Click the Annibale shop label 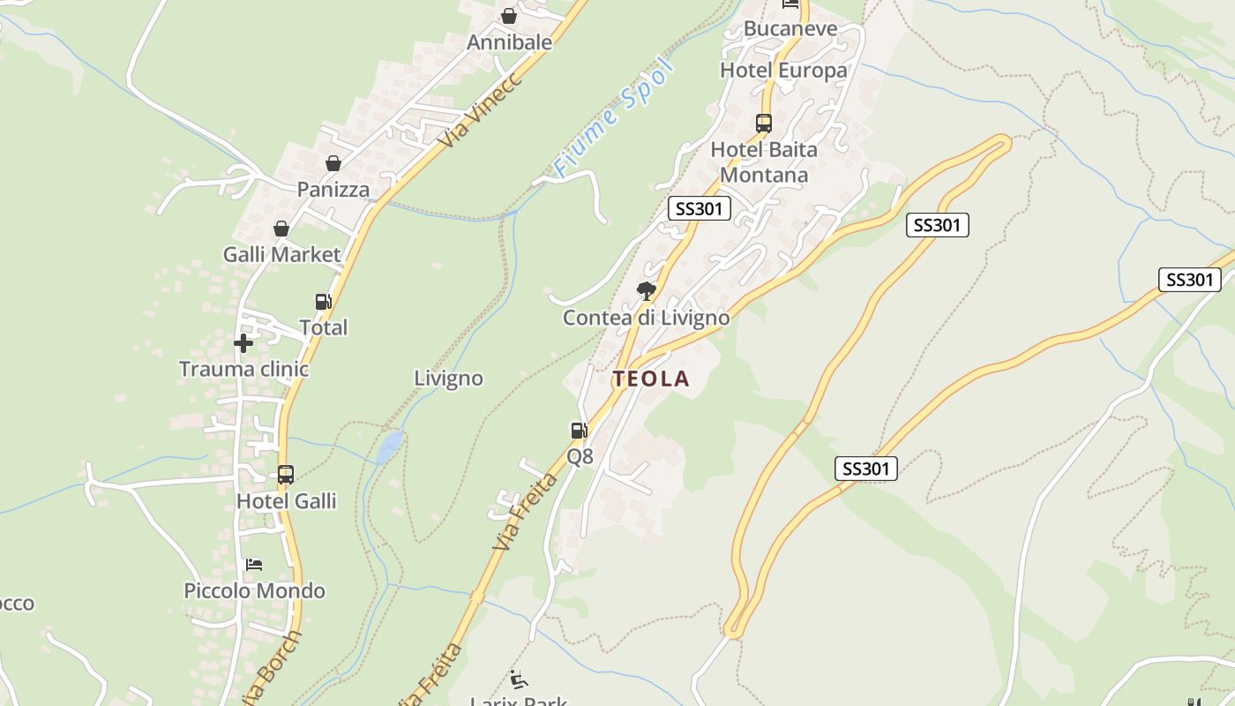[509, 42]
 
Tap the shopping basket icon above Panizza [333, 163]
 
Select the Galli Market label [281, 255]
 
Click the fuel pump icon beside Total [324, 302]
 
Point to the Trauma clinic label [244, 369]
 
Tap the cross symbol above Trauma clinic [243, 342]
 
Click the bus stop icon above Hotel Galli [285, 475]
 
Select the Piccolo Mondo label [254, 590]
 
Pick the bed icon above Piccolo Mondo [254, 565]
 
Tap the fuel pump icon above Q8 [579, 431]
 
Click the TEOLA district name [651, 379]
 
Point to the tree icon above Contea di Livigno [647, 290]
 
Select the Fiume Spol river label [613, 119]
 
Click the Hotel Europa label [783, 71]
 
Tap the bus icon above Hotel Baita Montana [764, 124]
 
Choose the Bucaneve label [790, 28]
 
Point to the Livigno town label [449, 379]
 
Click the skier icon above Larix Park [519, 680]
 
